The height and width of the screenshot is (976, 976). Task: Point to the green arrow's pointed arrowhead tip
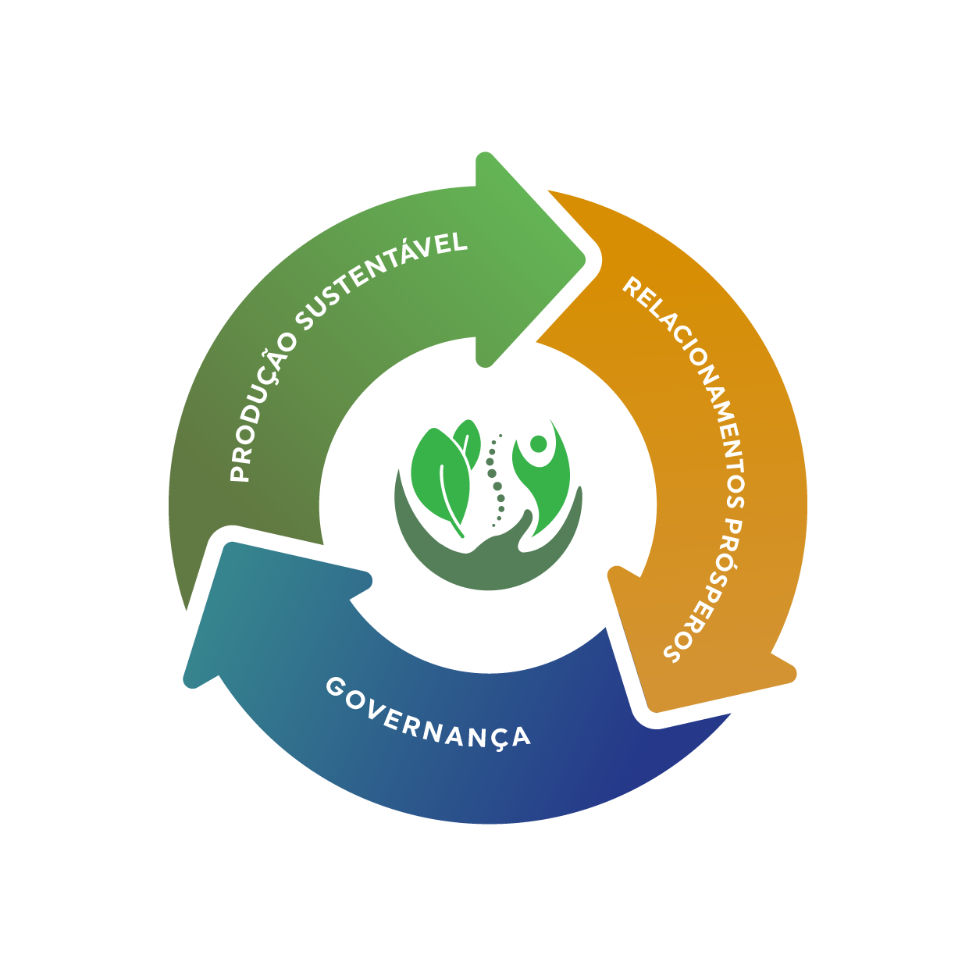[585, 259]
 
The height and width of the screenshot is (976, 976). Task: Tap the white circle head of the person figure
[538, 443]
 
